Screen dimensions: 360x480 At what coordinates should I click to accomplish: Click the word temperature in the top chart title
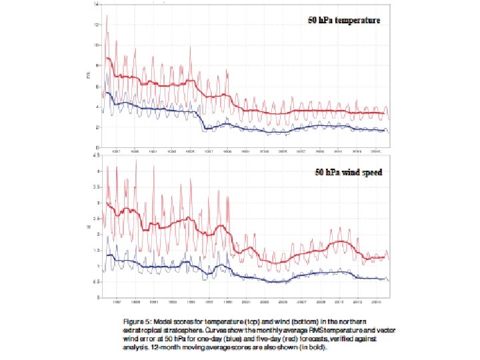357,21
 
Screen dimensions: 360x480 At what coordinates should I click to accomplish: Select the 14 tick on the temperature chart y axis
97,4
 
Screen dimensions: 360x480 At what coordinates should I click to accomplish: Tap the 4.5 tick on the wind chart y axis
97,155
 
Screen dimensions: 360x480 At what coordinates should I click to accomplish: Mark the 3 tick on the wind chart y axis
97,203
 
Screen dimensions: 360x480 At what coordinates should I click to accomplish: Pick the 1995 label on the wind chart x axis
191,301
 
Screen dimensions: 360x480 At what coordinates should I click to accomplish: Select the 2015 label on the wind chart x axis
376,301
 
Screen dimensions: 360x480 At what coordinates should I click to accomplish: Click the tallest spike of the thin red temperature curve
107,15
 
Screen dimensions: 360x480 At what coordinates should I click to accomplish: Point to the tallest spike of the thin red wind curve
136,160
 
